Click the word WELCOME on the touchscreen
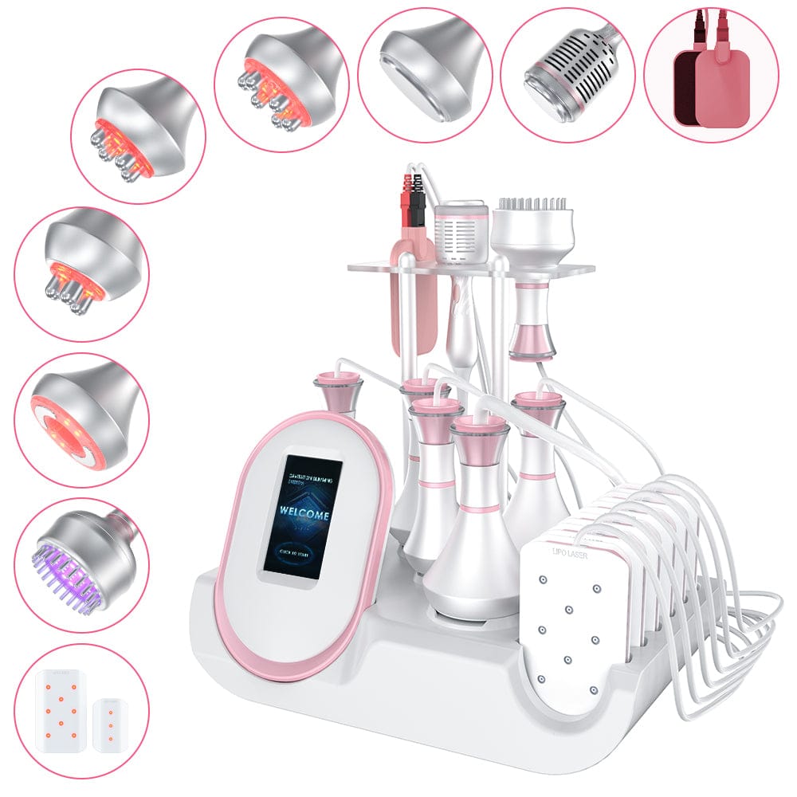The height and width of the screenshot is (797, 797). click(x=304, y=515)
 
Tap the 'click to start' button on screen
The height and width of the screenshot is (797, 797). click(x=302, y=549)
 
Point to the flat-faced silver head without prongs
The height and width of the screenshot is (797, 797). click(x=422, y=68)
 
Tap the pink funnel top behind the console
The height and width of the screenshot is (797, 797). click(x=338, y=391)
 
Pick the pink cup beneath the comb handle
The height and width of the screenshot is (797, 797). click(x=527, y=339)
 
